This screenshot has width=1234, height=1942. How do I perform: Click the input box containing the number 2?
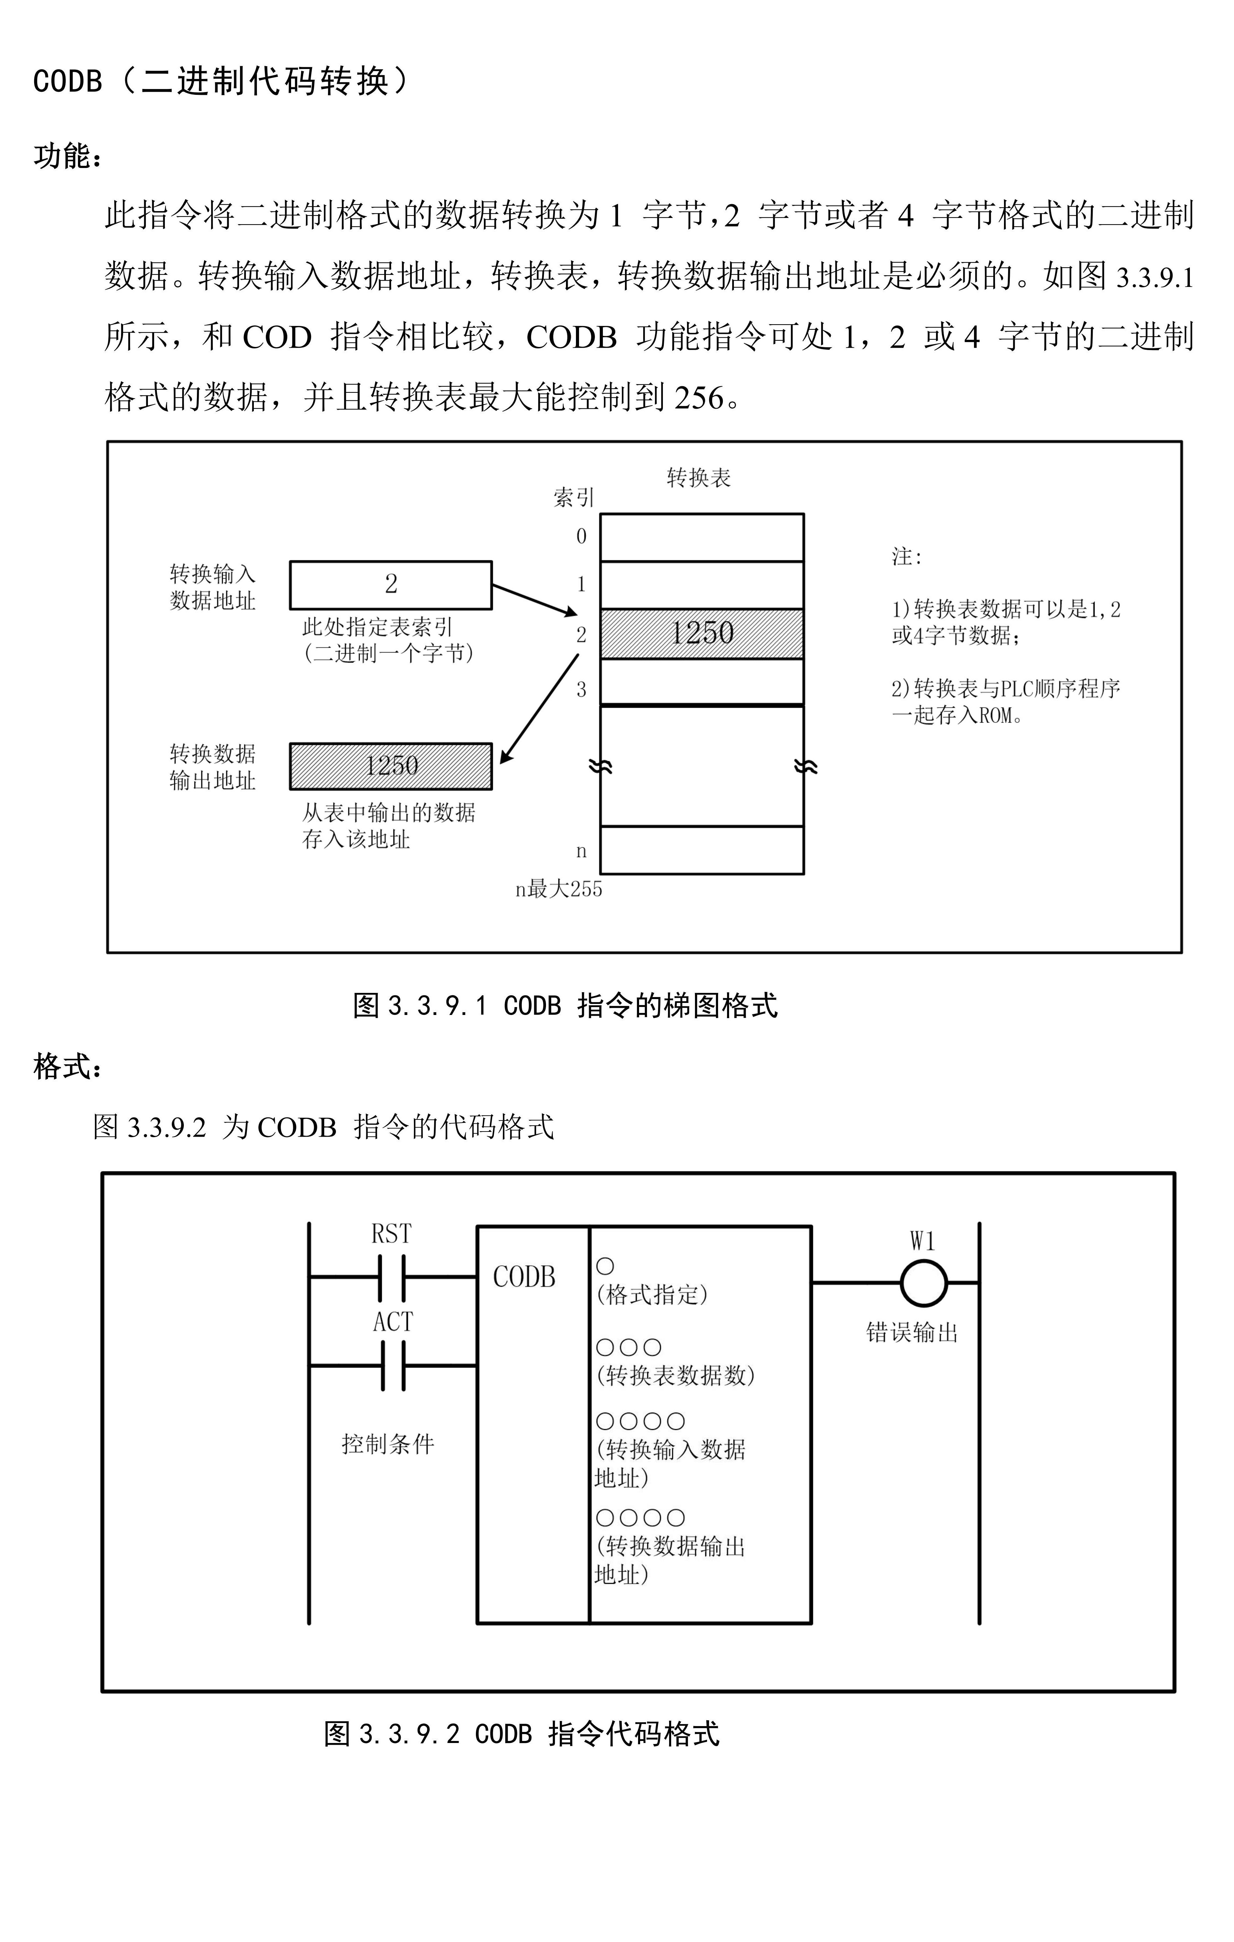(x=390, y=585)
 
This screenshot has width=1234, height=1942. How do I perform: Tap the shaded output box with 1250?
(x=390, y=765)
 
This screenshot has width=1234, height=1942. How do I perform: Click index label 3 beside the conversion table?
(x=581, y=689)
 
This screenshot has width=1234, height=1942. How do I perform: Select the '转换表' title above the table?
(x=698, y=478)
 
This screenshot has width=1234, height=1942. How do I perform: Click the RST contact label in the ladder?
(x=391, y=1234)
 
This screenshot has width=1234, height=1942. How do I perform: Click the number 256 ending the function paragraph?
(x=698, y=398)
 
